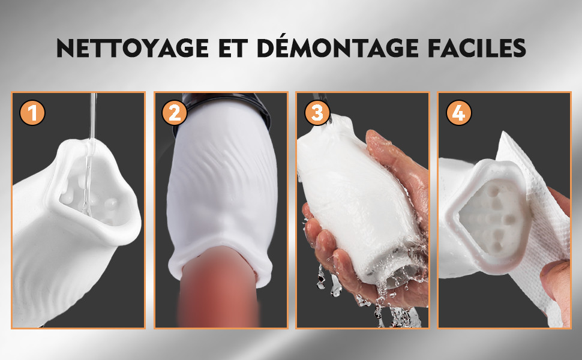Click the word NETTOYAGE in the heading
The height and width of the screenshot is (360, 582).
[x=133, y=48]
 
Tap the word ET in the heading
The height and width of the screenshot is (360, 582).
[x=233, y=48]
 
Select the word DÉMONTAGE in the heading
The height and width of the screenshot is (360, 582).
[x=338, y=47]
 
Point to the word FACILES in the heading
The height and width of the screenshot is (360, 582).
[x=477, y=48]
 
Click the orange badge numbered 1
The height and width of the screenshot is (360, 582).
[x=32, y=113]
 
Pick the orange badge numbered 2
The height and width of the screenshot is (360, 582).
[x=175, y=113]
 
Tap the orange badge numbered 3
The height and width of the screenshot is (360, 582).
[x=317, y=113]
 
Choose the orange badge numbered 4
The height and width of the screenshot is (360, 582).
[x=459, y=113]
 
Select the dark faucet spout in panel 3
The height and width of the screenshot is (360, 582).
[x=322, y=102]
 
